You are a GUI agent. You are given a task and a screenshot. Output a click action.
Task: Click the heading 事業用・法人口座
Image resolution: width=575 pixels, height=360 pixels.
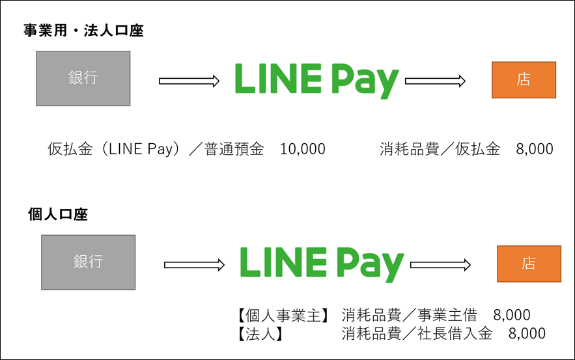tap(83, 31)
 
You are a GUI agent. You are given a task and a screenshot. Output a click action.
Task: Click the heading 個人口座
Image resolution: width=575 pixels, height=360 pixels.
tap(58, 214)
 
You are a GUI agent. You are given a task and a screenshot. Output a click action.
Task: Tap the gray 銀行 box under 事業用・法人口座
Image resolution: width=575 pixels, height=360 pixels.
tap(83, 79)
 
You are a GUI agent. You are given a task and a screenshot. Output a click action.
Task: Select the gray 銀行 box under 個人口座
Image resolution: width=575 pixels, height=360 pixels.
tap(89, 262)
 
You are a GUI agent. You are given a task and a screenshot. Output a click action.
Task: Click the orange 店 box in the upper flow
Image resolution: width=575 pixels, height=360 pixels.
tap(524, 80)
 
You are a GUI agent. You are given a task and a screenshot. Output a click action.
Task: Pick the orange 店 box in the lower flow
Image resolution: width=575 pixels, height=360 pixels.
tap(529, 264)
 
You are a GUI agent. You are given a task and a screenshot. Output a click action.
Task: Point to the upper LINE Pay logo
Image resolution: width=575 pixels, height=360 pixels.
tap(317, 81)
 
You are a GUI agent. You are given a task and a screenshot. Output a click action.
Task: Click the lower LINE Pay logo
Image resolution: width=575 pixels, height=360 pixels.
tap(322, 264)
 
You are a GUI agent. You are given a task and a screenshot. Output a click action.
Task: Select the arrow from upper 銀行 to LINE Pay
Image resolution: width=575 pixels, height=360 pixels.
tap(189, 81)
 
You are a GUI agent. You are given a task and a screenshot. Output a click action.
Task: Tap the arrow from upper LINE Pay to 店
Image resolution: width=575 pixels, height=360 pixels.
tap(435, 81)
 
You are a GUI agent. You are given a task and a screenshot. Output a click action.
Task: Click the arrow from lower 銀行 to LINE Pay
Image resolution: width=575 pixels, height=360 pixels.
tap(194, 265)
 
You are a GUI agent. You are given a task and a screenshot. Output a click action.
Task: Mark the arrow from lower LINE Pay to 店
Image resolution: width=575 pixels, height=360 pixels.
tap(440, 265)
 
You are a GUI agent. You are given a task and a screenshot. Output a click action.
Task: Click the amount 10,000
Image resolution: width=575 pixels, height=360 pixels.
tap(303, 149)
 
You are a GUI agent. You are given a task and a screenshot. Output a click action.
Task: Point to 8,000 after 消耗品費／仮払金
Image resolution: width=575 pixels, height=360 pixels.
tap(535, 149)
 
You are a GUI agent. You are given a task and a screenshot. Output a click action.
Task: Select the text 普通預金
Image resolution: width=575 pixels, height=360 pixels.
tap(234, 149)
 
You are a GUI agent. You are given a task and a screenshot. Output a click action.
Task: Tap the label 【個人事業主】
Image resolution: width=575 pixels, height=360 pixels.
tap(283, 315)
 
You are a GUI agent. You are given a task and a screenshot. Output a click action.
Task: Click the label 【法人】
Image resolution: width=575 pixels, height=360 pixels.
tap(260, 334)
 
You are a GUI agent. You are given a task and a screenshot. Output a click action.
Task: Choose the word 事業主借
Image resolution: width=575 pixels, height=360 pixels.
tap(447, 315)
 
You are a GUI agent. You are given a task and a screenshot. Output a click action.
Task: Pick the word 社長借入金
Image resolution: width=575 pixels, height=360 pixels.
tap(455, 333)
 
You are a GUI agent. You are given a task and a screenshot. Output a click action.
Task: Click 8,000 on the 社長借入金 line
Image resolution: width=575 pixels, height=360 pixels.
tap(527, 334)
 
